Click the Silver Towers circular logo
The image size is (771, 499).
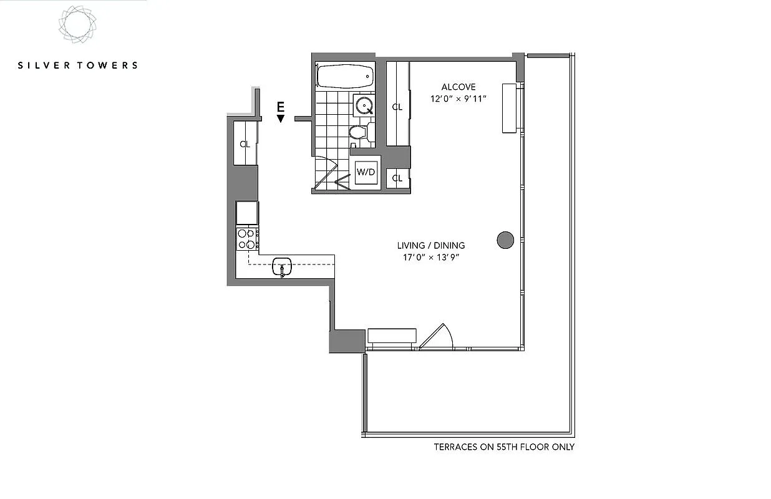pyautogui.click(x=77, y=25)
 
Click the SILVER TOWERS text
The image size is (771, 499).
pyautogui.click(x=77, y=65)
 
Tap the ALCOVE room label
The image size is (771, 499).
pyautogui.click(x=458, y=87)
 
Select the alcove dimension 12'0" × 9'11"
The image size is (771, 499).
pyautogui.click(x=458, y=99)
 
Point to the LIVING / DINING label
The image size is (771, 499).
pyautogui.click(x=431, y=246)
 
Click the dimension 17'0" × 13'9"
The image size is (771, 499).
pyautogui.click(x=431, y=257)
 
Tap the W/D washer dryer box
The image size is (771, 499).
pyautogui.click(x=366, y=172)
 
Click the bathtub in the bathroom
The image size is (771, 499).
pyautogui.click(x=345, y=76)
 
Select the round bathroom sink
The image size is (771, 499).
pyautogui.click(x=364, y=106)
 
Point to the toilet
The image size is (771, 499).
pyautogui.click(x=359, y=132)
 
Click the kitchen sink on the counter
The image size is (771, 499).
pyautogui.click(x=282, y=268)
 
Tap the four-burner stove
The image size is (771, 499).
pyautogui.click(x=247, y=239)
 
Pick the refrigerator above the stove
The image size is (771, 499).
pyautogui.click(x=247, y=213)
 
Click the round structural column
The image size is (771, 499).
pyautogui.click(x=505, y=240)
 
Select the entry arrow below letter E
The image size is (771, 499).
pyautogui.click(x=281, y=119)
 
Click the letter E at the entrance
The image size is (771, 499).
pyautogui.click(x=281, y=107)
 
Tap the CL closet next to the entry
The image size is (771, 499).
pyautogui.click(x=245, y=143)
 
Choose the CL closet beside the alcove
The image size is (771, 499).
pyautogui.click(x=397, y=106)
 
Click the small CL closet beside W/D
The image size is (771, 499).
pyautogui.click(x=397, y=178)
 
